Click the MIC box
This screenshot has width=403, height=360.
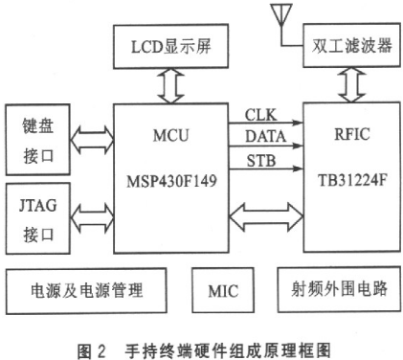coord(223,287)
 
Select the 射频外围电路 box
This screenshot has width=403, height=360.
coord(340,287)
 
